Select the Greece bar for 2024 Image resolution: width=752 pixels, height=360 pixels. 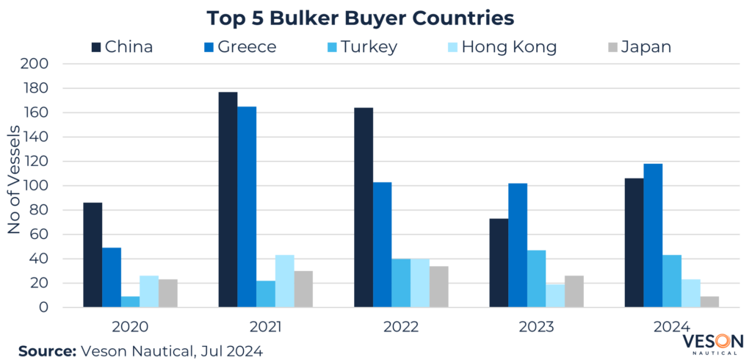point(653,235)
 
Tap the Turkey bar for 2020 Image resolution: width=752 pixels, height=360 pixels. point(131,301)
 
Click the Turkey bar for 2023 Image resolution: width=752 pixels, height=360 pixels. point(537,278)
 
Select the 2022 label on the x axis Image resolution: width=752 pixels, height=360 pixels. point(401,325)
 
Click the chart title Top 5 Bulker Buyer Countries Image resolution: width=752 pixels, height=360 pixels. point(361,16)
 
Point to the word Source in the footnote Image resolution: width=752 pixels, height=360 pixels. point(46,351)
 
